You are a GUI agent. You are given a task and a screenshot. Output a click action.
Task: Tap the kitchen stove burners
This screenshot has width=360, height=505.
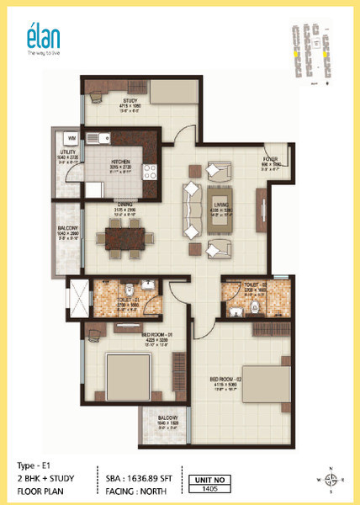pyautogui.click(x=153, y=173)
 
